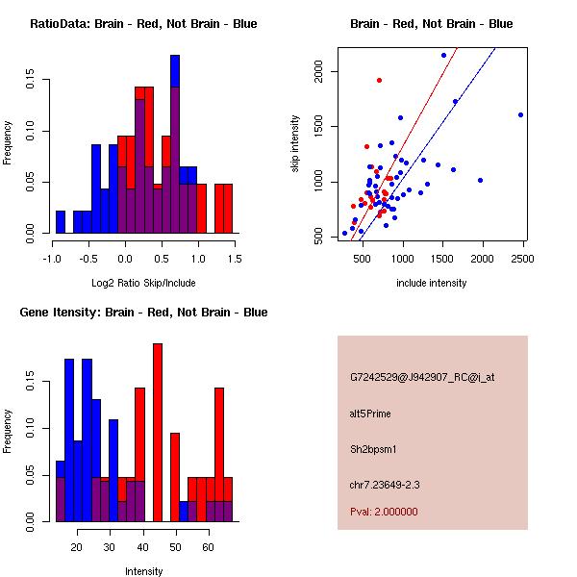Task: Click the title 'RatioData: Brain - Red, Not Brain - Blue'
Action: click(143, 24)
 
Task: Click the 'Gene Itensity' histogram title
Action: click(143, 313)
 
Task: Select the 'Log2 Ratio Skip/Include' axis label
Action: click(143, 283)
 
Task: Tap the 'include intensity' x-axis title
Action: click(432, 283)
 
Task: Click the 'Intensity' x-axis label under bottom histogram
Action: click(143, 571)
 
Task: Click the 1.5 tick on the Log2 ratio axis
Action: click(236, 258)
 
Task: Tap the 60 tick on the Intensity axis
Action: click(207, 546)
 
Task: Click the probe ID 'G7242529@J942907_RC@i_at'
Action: click(422, 378)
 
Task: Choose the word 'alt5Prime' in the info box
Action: click(370, 414)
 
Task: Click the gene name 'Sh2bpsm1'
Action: click(370, 448)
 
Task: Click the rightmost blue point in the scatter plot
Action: click(520, 114)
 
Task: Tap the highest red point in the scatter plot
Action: click(379, 80)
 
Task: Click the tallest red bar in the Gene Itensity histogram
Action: click(158, 433)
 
